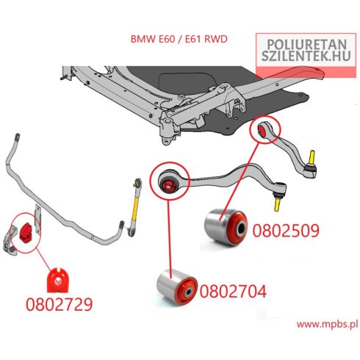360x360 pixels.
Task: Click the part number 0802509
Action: [x=286, y=231]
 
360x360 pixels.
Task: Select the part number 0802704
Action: [x=233, y=291]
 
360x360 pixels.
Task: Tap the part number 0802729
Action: [x=60, y=304]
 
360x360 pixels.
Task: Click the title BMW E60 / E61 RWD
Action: [x=179, y=39]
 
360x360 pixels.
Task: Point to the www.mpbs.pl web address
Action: [x=327, y=325]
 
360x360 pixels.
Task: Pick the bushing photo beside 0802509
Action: [x=226, y=227]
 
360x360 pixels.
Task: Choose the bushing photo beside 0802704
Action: [x=177, y=287]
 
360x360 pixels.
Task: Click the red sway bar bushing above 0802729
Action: [x=58, y=281]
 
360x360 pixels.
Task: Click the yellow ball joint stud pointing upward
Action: [x=312, y=157]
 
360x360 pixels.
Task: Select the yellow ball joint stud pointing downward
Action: [x=277, y=204]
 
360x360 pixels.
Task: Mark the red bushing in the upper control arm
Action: [x=262, y=130]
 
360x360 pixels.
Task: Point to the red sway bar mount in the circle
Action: [x=24, y=233]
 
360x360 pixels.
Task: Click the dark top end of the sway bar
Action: [x=18, y=137]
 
